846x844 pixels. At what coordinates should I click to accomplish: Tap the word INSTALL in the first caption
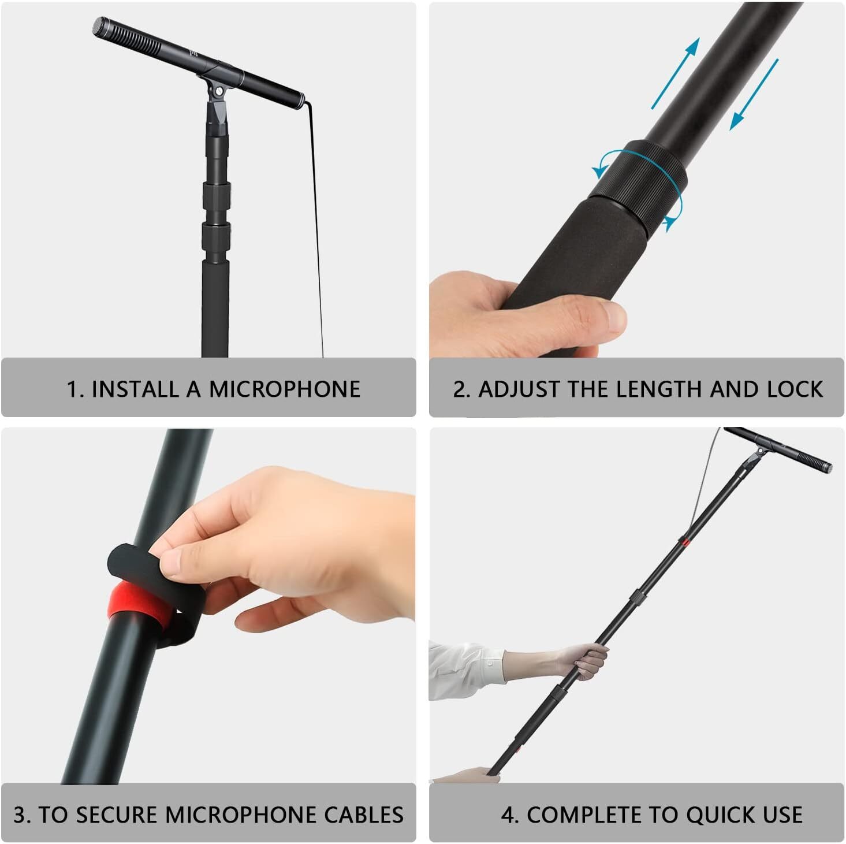135,389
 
